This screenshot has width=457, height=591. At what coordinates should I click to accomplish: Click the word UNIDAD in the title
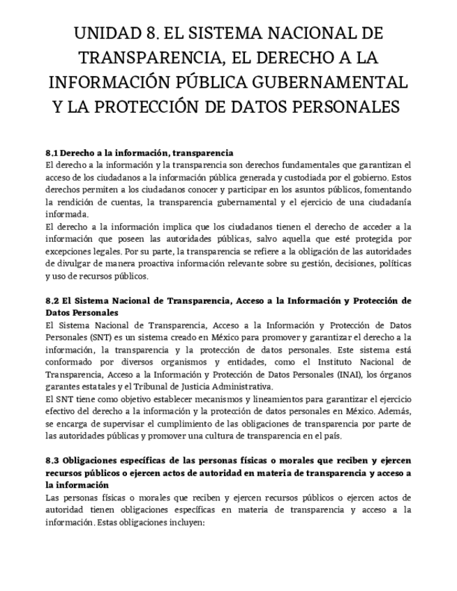click(x=111, y=33)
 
